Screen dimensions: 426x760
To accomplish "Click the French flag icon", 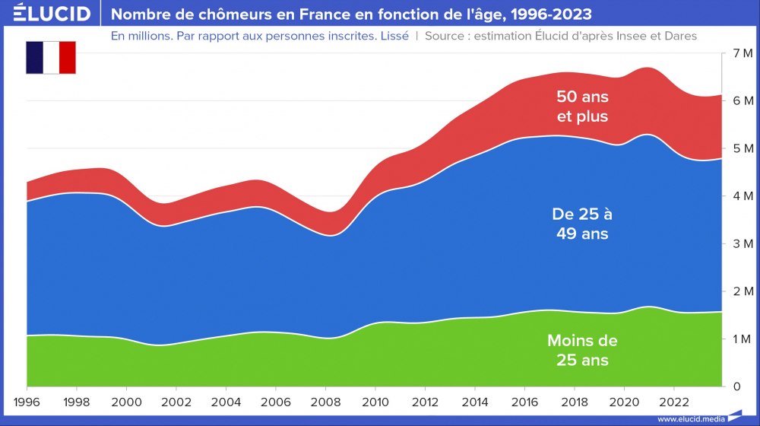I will point(51,59).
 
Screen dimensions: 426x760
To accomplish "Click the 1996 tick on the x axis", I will point(27,401).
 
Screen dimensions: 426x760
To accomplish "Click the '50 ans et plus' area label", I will point(582,106).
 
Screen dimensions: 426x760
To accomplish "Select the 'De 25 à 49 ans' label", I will point(581,224).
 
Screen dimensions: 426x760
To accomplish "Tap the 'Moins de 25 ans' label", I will point(582,350).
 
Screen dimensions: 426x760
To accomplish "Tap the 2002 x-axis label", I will point(176,401).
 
